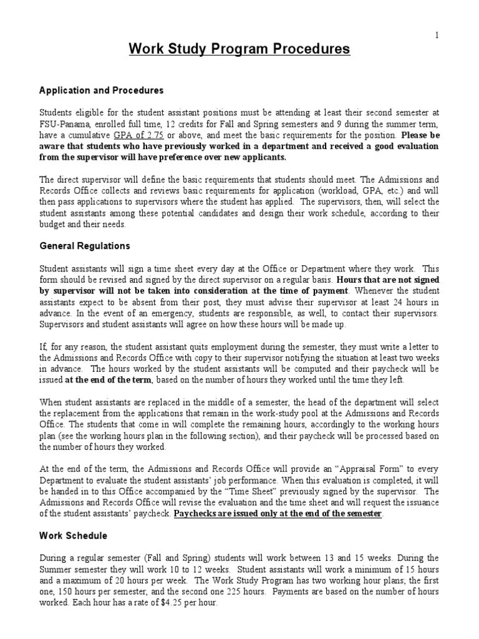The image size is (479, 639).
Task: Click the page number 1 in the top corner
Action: (x=437, y=35)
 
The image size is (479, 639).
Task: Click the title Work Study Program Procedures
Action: (x=239, y=49)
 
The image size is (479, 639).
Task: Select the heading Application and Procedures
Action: (x=101, y=90)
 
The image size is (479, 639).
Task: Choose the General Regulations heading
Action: (x=85, y=246)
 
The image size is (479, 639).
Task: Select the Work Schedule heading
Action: (x=74, y=536)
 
